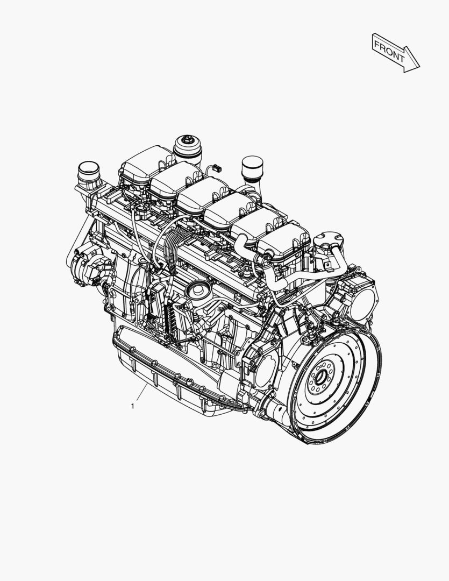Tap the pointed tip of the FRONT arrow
(x=418, y=67)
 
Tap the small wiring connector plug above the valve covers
(x=216, y=168)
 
